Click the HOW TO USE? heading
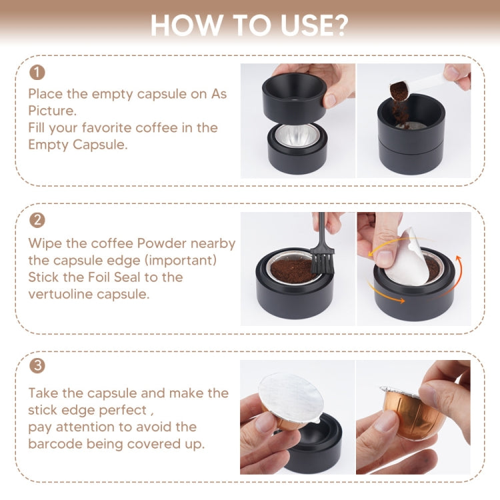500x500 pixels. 249,25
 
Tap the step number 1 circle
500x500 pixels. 37,72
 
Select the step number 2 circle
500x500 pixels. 37,220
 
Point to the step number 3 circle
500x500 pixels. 37,366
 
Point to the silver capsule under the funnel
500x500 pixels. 297,137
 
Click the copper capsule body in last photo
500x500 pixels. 413,417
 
